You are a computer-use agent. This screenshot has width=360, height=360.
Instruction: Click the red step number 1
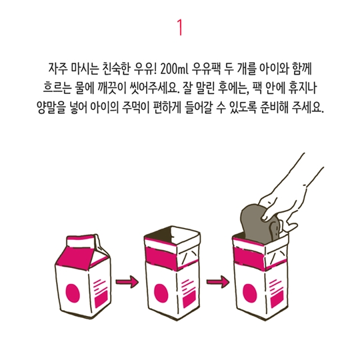180,27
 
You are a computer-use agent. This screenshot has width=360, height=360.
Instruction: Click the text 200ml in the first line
174,69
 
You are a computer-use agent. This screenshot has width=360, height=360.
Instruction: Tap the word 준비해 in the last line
274,107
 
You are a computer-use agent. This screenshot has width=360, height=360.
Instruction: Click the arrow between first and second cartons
127,281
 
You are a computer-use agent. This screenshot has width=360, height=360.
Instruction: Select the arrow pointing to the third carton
217,281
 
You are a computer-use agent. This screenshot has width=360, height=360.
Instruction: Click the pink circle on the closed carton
73,293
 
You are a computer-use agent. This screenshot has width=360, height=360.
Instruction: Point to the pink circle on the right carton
249,293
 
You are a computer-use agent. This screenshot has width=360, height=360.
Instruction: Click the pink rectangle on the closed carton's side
101,299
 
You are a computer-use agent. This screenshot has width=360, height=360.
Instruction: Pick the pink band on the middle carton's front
160,258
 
